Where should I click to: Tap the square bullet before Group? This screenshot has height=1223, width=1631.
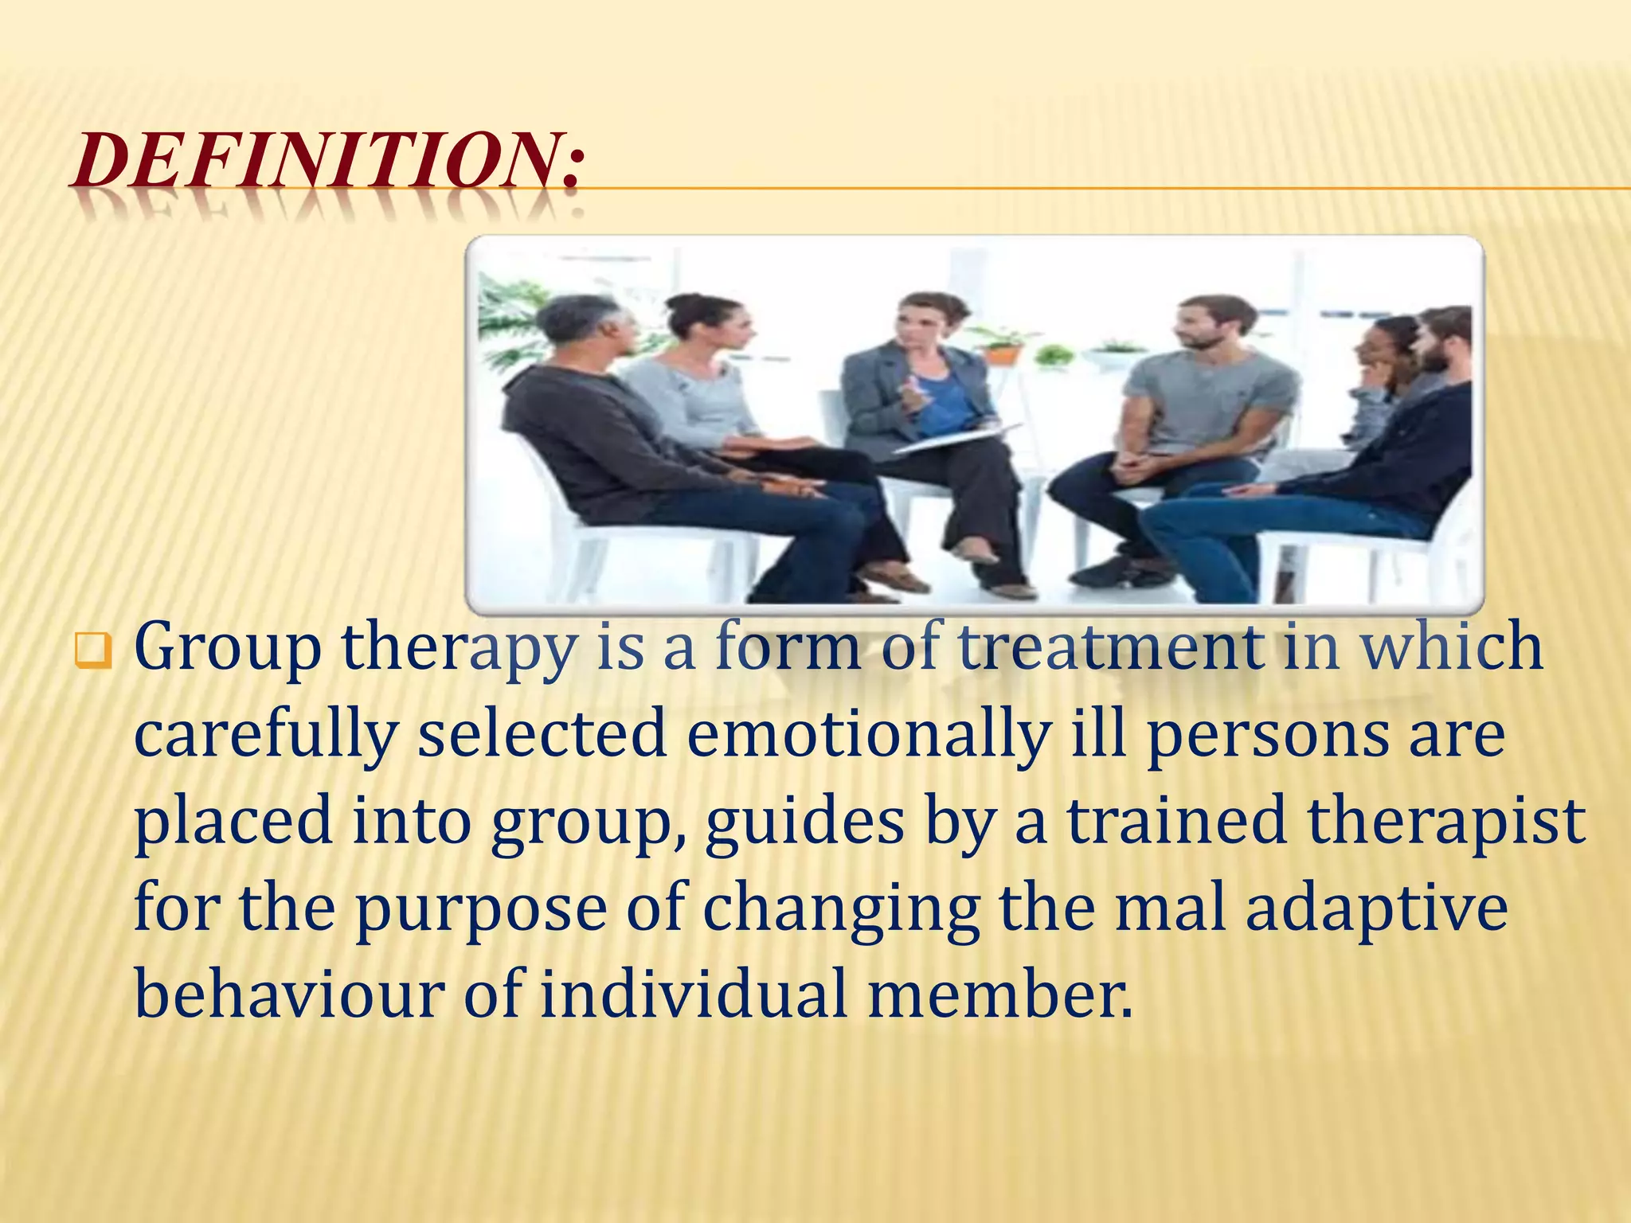tap(92, 651)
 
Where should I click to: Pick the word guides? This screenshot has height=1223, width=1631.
tap(804, 822)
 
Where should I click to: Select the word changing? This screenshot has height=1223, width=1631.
tap(841, 910)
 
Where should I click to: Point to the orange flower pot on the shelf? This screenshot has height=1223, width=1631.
tap(1003, 352)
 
